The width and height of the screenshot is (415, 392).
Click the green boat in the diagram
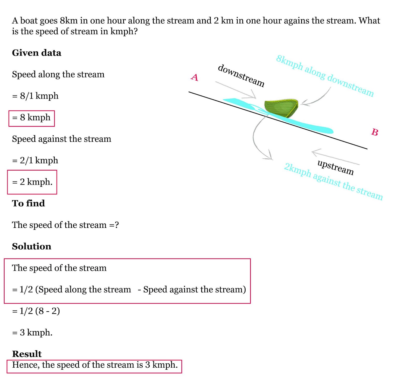(281, 108)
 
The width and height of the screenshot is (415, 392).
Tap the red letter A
(195, 77)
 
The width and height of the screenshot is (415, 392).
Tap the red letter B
(375, 132)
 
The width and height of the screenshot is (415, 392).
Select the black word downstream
(241, 75)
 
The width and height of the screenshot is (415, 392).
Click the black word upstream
(335, 167)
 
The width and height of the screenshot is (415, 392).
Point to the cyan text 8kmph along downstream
(324, 75)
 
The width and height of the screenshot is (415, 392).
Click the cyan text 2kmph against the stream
(333, 181)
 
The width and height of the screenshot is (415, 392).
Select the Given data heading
(37, 53)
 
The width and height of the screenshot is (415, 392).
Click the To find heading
(28, 203)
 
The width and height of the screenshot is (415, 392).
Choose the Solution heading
(32, 246)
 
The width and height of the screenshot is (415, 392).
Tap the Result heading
(27, 354)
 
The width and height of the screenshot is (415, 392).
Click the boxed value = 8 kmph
(31, 118)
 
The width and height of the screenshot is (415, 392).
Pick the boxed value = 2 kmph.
(32, 182)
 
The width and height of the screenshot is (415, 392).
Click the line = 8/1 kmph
(35, 96)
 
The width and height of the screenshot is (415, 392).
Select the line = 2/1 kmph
(35, 160)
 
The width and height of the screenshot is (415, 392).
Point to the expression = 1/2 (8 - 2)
(36, 311)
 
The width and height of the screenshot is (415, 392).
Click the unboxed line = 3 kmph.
(32, 332)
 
